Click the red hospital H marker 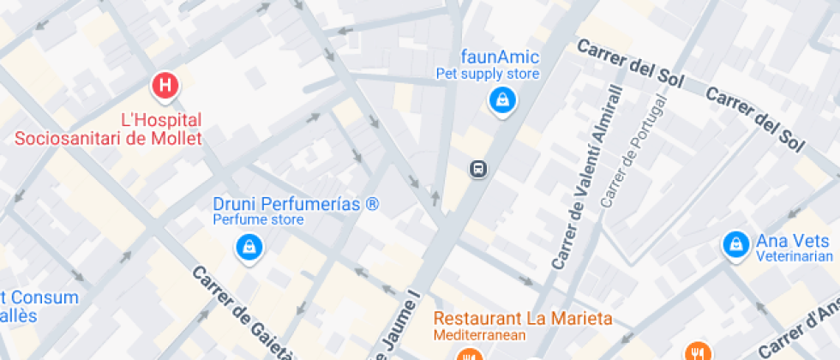(165, 85)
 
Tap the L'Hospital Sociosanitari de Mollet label (108, 129)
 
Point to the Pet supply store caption (488, 74)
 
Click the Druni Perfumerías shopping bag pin (249, 248)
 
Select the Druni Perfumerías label (296, 205)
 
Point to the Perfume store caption (258, 220)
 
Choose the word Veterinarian (795, 256)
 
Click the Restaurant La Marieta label (522, 319)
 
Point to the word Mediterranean (479, 334)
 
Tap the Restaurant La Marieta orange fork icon (468, 355)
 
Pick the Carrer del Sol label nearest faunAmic (630, 63)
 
